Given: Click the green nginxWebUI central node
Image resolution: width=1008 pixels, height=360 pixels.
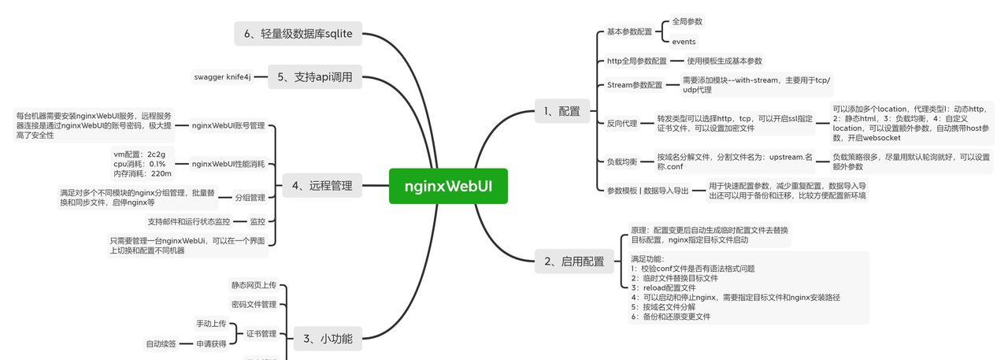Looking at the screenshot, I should click(448, 186).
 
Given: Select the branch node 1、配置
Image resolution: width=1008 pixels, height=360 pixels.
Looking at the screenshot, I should click(561, 111).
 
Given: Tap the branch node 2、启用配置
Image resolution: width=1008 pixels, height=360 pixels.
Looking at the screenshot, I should click(574, 262).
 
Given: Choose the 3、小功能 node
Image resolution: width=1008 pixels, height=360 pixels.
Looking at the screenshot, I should click(328, 340).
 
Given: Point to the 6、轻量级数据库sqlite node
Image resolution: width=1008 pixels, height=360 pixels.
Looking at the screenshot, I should click(298, 33).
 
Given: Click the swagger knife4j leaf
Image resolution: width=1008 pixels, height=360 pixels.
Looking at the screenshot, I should click(222, 77).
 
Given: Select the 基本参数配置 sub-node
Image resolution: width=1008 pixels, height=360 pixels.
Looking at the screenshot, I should click(629, 32).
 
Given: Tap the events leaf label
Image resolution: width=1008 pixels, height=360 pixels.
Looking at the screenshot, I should click(684, 42).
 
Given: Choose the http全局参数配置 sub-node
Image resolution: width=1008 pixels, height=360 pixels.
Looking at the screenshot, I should click(636, 61).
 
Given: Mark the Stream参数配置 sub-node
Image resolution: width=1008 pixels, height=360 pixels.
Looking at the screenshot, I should click(635, 85).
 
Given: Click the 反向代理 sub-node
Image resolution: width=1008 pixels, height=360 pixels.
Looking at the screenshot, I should click(622, 123).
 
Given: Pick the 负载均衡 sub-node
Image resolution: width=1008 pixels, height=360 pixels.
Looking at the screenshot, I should click(622, 161).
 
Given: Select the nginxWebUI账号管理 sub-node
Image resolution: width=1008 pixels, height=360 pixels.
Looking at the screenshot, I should click(228, 125).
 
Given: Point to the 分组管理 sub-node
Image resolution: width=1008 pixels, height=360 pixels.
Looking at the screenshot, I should click(250, 198).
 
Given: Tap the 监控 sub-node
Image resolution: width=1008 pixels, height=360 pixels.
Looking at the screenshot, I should click(258, 222).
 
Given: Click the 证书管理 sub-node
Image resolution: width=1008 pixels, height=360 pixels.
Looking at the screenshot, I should click(261, 334).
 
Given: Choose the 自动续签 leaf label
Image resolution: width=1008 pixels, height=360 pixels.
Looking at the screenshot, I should click(161, 343).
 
